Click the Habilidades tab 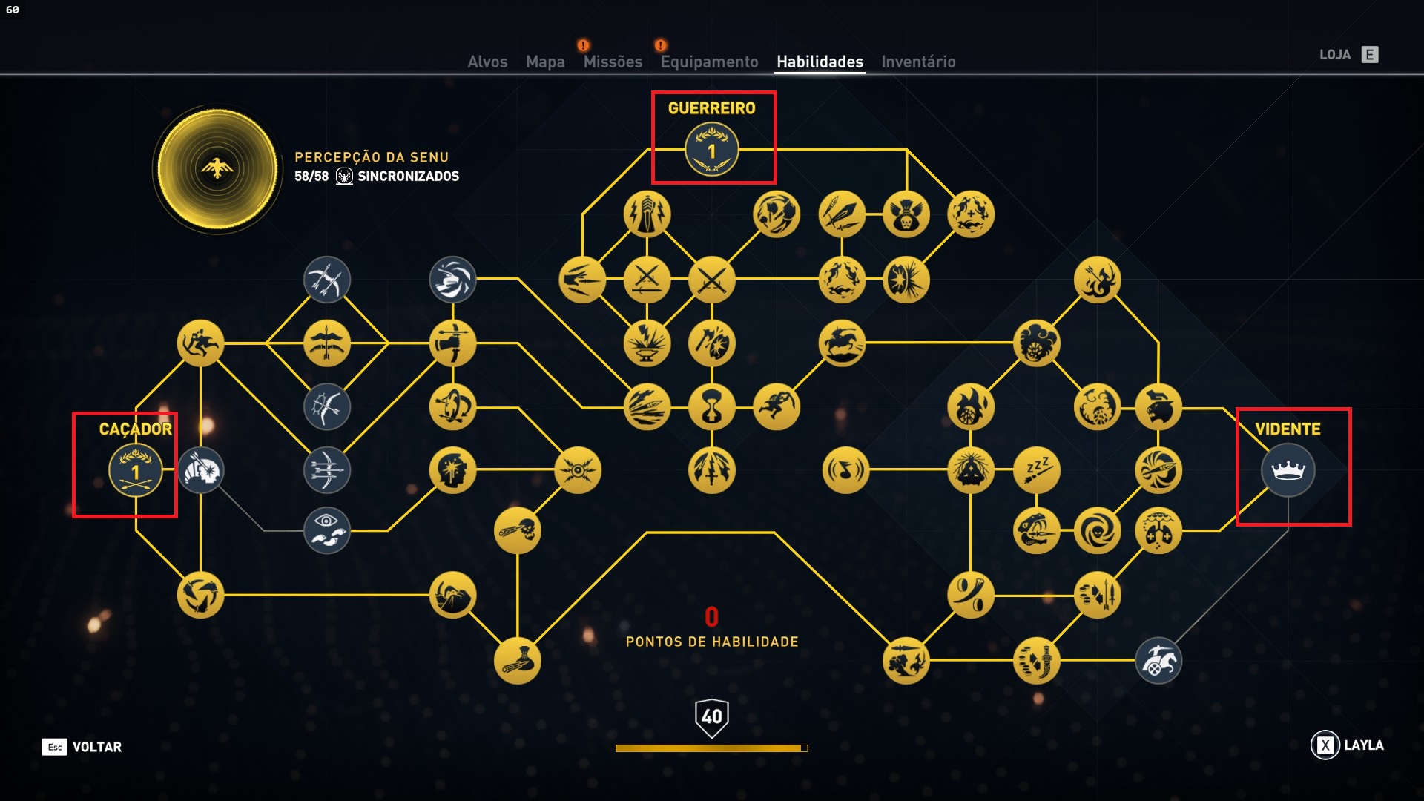(820, 62)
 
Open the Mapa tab (545, 62)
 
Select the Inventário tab (918, 62)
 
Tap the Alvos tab (487, 62)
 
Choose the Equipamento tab (709, 62)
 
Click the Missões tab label (613, 62)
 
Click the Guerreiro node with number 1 (712, 150)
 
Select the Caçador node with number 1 (135, 470)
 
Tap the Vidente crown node (1288, 470)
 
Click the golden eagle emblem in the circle (217, 168)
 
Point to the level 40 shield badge (712, 717)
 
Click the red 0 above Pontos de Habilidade (712, 617)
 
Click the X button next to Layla (1325, 745)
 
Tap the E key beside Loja (1370, 54)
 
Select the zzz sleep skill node (1037, 469)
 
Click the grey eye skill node (326, 531)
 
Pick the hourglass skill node (712, 407)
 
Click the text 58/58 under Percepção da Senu (311, 177)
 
